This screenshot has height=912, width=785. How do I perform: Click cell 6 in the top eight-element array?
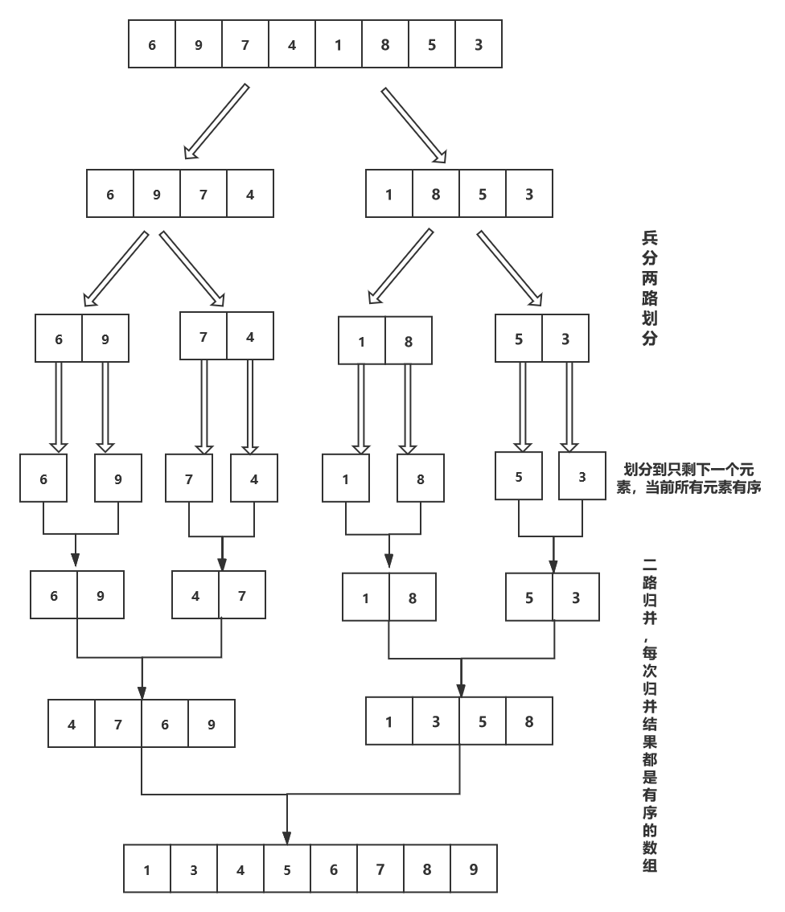tap(152, 44)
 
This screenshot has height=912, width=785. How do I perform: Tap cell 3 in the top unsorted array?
tap(479, 44)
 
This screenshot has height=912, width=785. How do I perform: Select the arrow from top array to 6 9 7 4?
tap(216, 122)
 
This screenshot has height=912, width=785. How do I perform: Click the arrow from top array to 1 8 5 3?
tap(414, 125)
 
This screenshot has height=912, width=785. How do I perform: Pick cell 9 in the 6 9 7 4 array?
tap(157, 194)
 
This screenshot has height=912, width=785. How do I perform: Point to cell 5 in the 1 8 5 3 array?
tap(483, 194)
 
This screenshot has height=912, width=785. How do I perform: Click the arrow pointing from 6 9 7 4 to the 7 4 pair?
tap(192, 269)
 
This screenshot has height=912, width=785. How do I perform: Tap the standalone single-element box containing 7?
tap(189, 479)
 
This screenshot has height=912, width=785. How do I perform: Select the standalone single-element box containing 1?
tap(346, 479)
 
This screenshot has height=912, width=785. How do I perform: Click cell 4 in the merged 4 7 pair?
tap(195, 596)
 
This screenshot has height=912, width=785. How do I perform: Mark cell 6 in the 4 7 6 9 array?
tap(165, 724)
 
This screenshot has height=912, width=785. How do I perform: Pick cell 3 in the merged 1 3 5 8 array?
tap(436, 721)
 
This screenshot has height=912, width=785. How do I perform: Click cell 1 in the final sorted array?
tap(147, 869)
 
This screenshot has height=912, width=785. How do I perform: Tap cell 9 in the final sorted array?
tap(474, 869)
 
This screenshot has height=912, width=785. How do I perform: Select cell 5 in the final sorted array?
tap(287, 869)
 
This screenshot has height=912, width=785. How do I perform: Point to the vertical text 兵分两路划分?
tap(649, 288)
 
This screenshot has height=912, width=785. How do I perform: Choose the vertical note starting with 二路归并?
tap(649, 716)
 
